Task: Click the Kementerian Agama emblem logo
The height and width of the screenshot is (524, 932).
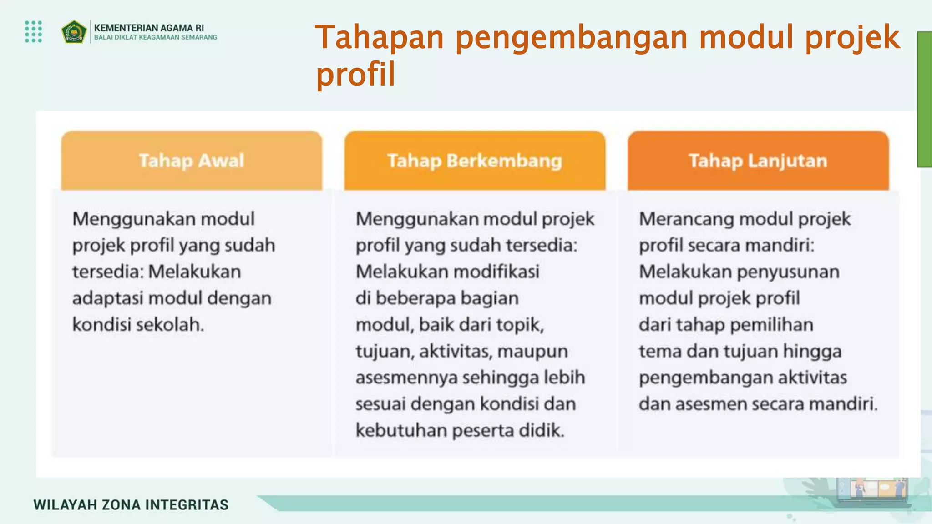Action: point(74,32)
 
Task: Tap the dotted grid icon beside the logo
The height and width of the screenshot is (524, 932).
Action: point(34,32)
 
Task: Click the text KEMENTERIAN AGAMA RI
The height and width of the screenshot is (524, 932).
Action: point(149,28)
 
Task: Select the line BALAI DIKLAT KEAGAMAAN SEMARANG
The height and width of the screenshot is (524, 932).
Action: point(156,38)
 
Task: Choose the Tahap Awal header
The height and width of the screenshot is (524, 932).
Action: point(192,161)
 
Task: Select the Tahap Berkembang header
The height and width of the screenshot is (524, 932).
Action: point(475,161)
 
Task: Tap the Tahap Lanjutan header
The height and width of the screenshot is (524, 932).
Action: point(758,161)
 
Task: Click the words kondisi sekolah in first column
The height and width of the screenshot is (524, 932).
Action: point(138,325)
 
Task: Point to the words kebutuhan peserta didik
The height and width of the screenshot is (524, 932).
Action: point(460,430)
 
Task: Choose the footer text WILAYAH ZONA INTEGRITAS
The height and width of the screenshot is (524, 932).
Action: point(131,505)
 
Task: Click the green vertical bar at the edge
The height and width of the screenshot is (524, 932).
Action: point(924,99)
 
